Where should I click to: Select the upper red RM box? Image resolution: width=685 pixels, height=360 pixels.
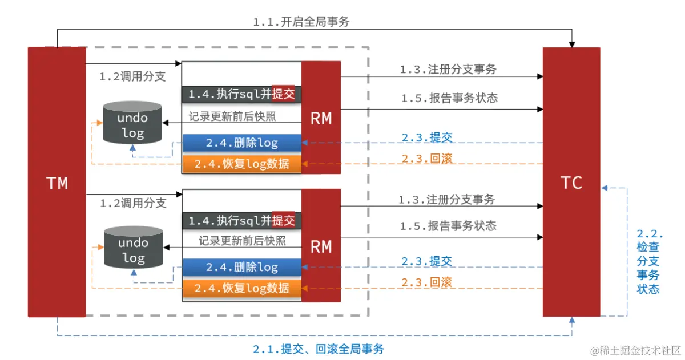tap(321, 118)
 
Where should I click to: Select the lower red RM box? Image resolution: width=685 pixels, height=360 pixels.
tap(321, 246)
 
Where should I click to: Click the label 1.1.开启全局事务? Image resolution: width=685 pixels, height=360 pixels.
tap(301, 22)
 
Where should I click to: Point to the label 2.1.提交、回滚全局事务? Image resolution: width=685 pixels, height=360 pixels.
tap(318, 348)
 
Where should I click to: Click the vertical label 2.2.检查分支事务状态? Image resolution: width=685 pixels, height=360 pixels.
tap(648, 261)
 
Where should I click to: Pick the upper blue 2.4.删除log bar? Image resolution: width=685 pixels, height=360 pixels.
tap(241, 143)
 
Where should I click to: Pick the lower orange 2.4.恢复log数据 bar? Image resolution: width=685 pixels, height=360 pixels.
tap(241, 288)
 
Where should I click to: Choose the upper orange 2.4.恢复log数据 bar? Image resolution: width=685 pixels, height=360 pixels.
tap(241, 164)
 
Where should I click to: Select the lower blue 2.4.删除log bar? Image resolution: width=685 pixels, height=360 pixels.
tap(241, 267)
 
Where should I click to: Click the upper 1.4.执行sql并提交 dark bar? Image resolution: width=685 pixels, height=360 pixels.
tap(241, 94)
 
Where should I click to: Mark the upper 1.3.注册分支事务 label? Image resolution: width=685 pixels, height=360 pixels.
tap(448, 70)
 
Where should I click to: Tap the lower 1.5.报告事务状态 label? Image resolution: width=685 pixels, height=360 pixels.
tap(448, 226)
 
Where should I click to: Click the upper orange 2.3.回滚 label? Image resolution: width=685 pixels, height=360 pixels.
tap(427, 159)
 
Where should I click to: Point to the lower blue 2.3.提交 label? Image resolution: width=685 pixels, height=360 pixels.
tap(426, 261)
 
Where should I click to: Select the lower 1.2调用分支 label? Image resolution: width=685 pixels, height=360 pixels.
tap(133, 203)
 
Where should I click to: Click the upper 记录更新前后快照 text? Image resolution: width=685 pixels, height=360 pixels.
tap(232, 116)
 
